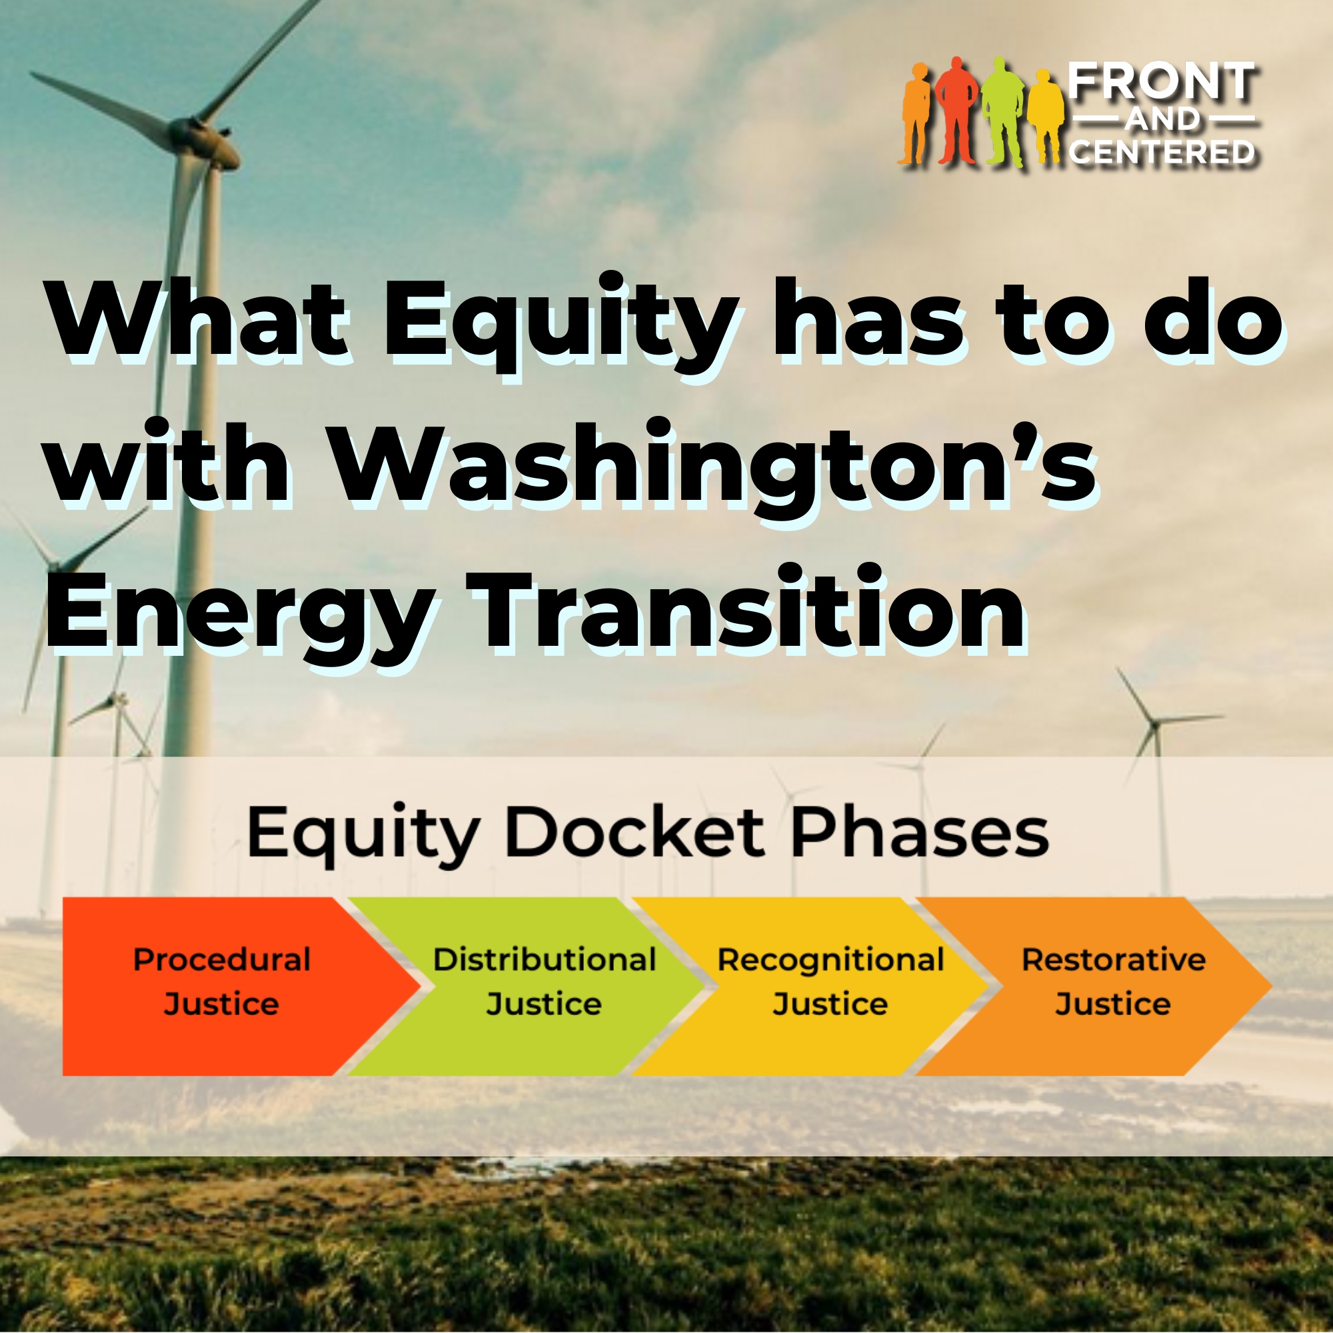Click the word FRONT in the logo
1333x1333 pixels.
click(x=1162, y=82)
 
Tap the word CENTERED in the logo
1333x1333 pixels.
click(x=1162, y=152)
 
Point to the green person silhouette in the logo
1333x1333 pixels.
click(x=1002, y=112)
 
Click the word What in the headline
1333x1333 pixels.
click(x=197, y=319)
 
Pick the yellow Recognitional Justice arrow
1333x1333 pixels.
click(x=810, y=986)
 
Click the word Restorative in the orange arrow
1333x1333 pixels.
click(x=1114, y=960)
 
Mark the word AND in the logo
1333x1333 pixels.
click(x=1162, y=120)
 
